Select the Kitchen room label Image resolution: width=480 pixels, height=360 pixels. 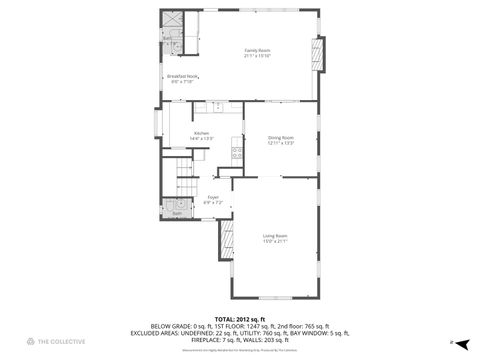pos(201,132)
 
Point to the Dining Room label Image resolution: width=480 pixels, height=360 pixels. pos(280,137)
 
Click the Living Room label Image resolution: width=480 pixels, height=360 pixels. pos(275,235)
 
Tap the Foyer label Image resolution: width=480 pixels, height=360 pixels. pos(213,197)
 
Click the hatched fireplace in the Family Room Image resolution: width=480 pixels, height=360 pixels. pos(319,55)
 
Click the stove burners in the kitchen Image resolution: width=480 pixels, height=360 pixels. pos(237,153)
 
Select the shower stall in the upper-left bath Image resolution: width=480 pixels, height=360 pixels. pos(170,20)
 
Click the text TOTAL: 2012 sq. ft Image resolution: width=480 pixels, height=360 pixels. pos(239,318)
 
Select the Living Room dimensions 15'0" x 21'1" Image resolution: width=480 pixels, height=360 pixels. pos(275,241)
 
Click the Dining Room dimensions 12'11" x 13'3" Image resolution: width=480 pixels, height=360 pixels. pos(280,143)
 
